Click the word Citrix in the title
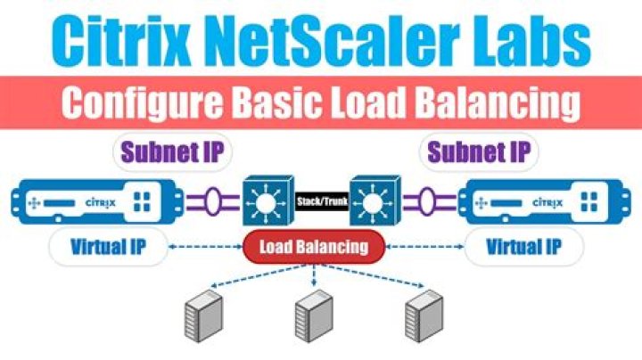tap(121, 39)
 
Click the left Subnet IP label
tap(172, 152)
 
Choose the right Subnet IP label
tap(479, 152)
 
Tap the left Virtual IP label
tap(108, 247)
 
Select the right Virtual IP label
tap(523, 247)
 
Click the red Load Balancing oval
tap(314, 247)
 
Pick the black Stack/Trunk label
tap(322, 201)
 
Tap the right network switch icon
tap(374, 200)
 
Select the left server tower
tap(203, 315)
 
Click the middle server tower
tap(314, 315)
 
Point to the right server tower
tap(424, 315)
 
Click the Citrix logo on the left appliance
tap(101, 202)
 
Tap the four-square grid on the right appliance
tap(589, 201)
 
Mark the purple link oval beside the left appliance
tap(213, 201)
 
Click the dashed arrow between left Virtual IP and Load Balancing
tap(206, 247)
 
